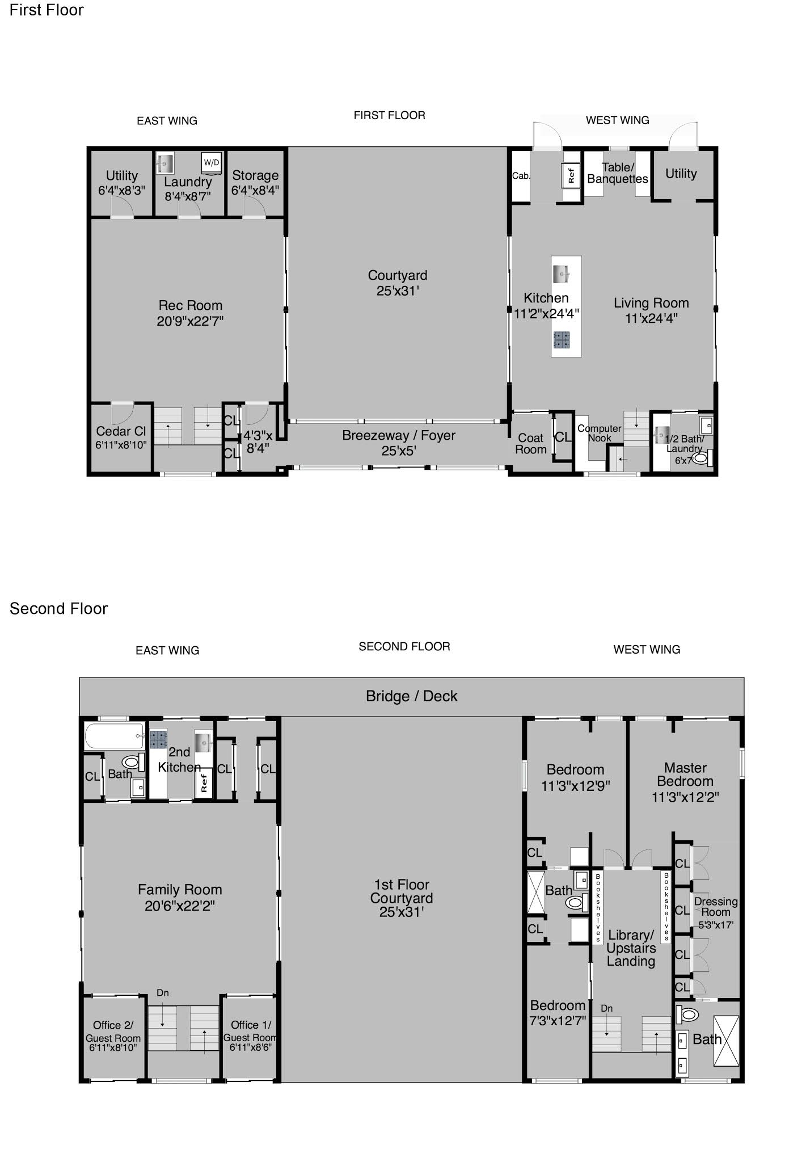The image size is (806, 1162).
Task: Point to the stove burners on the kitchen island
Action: pos(562,339)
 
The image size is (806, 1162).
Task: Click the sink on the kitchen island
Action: pos(562,273)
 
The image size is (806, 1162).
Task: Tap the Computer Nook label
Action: pos(600,433)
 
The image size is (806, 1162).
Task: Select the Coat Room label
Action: pos(531,444)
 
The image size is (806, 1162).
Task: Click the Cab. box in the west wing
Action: pos(521,176)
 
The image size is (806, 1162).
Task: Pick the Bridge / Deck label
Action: pos(411,696)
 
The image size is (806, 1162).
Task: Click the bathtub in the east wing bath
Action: pos(114,736)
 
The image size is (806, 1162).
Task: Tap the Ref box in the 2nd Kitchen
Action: pos(204,783)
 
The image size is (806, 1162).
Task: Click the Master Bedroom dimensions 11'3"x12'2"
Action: pos(685,797)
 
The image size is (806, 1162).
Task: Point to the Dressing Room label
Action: pos(716,907)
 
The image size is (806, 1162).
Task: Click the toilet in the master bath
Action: pos(687,1013)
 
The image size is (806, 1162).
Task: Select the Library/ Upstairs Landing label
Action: pos(631,948)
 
